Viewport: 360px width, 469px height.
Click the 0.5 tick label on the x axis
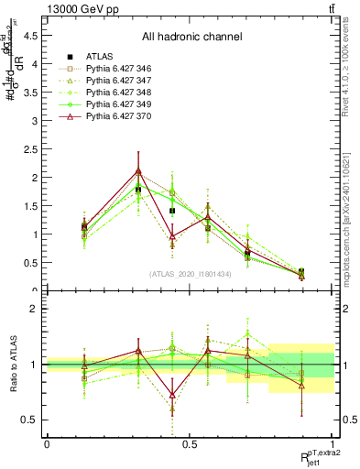tap(190, 443)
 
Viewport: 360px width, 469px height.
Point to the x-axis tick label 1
tap(333, 443)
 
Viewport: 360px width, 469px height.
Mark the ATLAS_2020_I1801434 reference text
tap(190, 274)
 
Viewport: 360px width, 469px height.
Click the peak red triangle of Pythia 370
tap(138, 170)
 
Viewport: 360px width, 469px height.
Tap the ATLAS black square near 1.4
tap(172, 211)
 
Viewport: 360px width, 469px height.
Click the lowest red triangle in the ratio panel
tap(172, 396)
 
